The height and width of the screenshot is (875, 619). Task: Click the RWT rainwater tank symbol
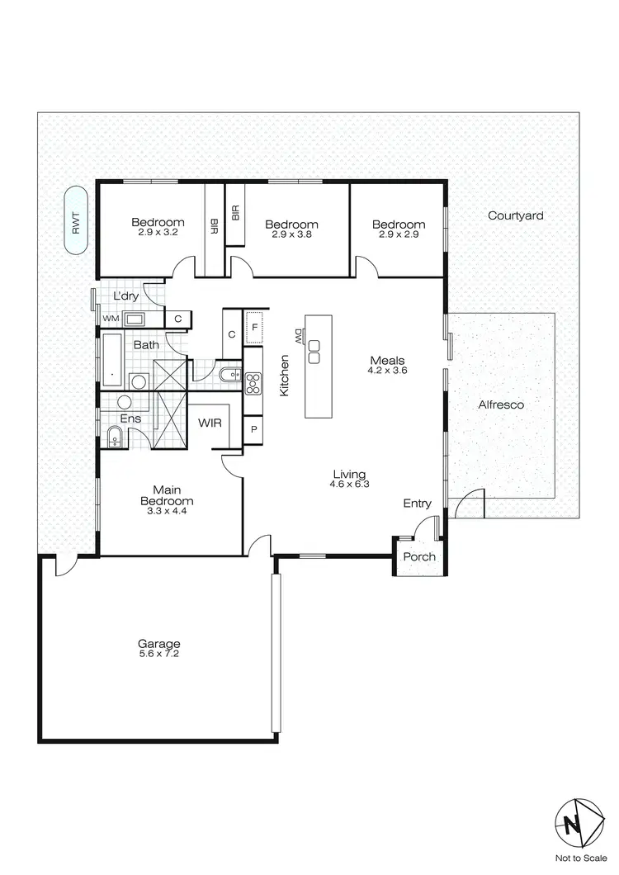tap(76, 222)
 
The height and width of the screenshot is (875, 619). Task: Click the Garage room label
tap(159, 644)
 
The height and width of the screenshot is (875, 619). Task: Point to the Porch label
tap(419, 556)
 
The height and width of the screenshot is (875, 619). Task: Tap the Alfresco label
tap(501, 405)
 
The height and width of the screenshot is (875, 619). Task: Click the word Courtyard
tap(515, 215)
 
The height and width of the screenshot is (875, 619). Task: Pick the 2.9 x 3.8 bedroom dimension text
tap(291, 234)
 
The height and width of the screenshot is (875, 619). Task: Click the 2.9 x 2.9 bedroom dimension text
tap(398, 234)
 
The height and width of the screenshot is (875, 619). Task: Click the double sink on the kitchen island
tap(314, 352)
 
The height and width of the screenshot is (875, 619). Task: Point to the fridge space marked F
tap(255, 327)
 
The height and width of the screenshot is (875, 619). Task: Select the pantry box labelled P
tap(253, 430)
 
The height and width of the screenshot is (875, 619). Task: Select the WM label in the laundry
tap(110, 319)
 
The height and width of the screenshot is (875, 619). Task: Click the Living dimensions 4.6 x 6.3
tap(349, 485)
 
